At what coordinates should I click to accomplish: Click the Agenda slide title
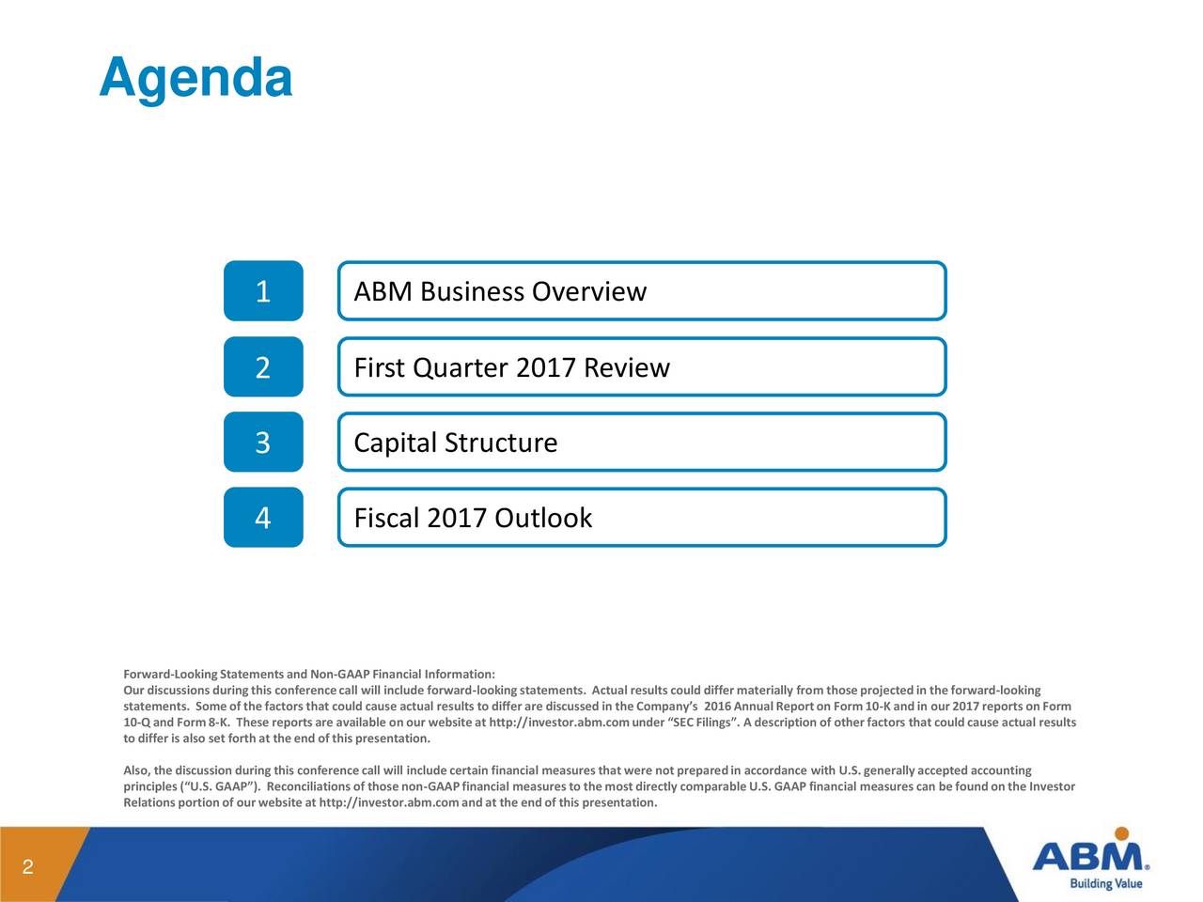(195, 79)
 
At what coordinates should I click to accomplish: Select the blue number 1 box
(263, 291)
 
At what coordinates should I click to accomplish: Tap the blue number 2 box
(263, 367)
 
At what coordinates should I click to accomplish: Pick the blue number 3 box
(263, 443)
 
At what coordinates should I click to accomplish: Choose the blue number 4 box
(263, 518)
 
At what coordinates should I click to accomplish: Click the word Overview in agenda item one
(588, 292)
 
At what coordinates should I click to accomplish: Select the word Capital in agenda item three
(395, 443)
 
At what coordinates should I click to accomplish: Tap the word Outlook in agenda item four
(543, 519)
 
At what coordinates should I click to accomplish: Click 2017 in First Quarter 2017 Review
(545, 368)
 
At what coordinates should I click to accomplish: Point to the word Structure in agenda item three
(500, 443)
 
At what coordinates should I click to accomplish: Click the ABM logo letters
(1087, 857)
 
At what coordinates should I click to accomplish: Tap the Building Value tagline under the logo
(1106, 884)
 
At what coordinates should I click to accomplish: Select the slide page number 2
(27, 867)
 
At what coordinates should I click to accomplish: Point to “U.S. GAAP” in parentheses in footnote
(219, 786)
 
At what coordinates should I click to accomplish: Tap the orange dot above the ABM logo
(1120, 833)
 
